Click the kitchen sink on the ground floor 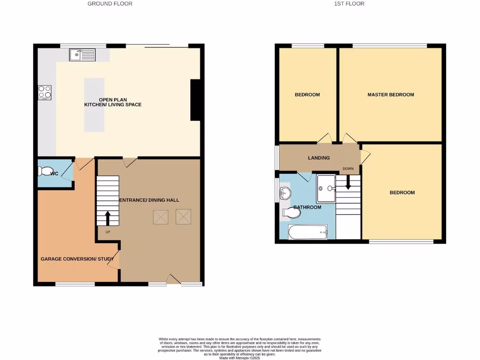tap(82, 55)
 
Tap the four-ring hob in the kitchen tap(45, 92)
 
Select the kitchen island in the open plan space tap(94, 105)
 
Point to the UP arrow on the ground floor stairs tap(107, 218)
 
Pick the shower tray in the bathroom tap(326, 188)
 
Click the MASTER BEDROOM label tap(390, 95)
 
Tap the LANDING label tap(319, 158)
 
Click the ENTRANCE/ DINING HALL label tap(149, 200)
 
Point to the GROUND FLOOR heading tap(110, 4)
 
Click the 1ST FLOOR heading tap(349, 4)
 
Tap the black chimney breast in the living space tap(196, 100)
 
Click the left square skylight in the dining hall tap(160, 217)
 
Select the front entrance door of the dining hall tap(173, 279)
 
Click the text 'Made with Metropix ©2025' tap(240, 358)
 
